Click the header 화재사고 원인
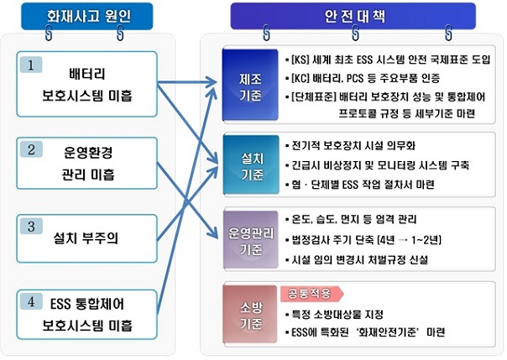point(87,16)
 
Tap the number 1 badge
point(31,65)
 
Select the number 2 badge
point(31,149)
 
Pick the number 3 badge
point(31,226)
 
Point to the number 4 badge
point(31,301)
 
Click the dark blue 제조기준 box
point(250,85)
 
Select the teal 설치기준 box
point(251,164)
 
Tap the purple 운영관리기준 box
point(251,239)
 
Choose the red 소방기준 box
point(250,314)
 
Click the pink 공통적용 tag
point(311,294)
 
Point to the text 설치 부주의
point(86,238)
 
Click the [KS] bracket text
point(301,60)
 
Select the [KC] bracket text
point(301,78)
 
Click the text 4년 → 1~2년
point(411,240)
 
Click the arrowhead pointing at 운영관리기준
point(214,234)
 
